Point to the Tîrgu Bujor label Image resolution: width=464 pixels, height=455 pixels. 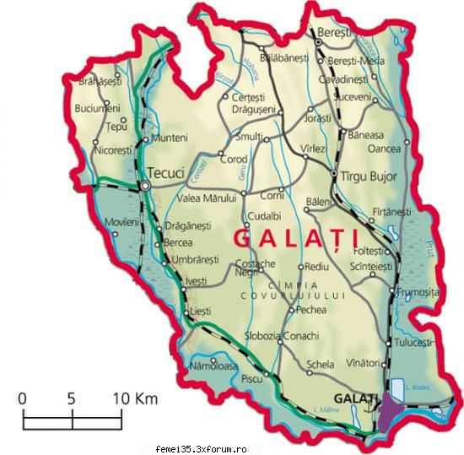point(369,176)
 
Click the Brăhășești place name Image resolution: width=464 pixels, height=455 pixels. point(100,82)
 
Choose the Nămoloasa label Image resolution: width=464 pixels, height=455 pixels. point(213,366)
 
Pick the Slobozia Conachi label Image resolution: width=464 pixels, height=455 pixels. point(281,335)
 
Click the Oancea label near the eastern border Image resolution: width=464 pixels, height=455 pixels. point(385,149)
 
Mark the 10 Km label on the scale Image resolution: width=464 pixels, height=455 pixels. point(136,398)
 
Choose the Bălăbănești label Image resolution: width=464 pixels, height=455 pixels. point(285,57)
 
